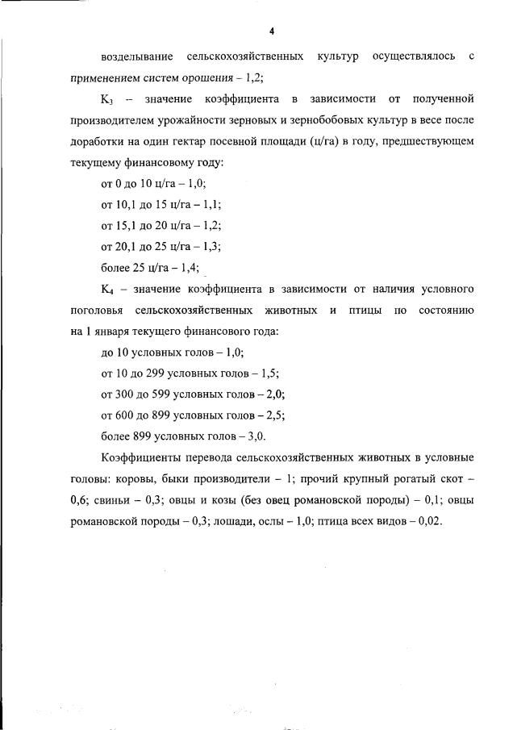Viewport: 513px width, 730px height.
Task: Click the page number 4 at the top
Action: (x=272, y=31)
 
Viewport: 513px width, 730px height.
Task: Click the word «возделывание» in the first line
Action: (x=135, y=56)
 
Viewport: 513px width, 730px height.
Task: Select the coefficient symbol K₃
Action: (x=106, y=99)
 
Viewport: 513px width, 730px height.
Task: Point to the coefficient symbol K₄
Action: (x=106, y=288)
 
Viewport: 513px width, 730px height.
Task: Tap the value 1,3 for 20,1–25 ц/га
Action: (x=210, y=246)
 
